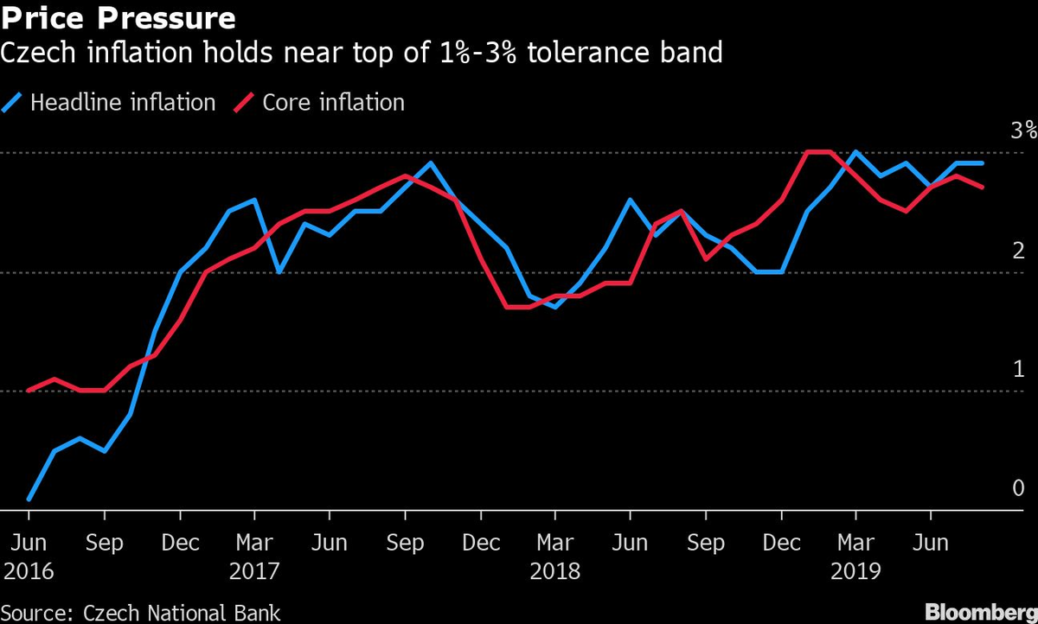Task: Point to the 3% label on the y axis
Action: (x=1023, y=131)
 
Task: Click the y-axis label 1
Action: (x=1018, y=369)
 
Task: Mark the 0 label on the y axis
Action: (x=1018, y=487)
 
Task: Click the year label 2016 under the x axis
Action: (x=29, y=571)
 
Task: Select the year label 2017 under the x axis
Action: (x=253, y=571)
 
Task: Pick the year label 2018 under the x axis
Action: (x=554, y=571)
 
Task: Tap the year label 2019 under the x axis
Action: (x=855, y=571)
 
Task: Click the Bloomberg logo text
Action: (x=981, y=612)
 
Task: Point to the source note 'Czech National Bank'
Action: (x=182, y=613)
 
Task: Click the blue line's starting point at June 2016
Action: (x=29, y=499)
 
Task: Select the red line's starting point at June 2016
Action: (x=29, y=391)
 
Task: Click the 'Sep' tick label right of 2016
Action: (x=104, y=544)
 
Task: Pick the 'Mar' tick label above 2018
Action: (x=554, y=544)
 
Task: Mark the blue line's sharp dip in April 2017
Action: (x=279, y=272)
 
